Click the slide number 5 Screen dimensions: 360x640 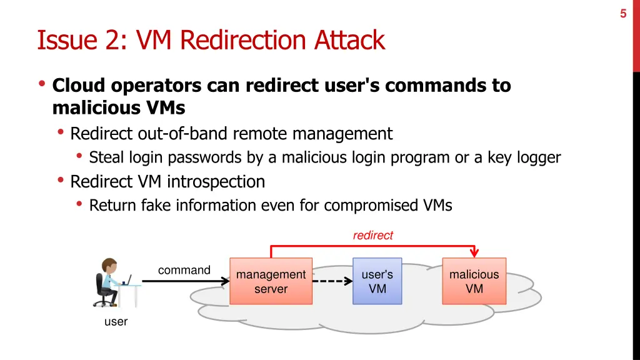coord(623,13)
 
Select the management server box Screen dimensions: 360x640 coord(271,281)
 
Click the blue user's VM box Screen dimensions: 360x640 coord(377,281)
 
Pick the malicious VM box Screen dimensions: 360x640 coord(474,281)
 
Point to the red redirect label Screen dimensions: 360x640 coord(372,235)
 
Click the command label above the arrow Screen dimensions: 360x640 coord(184,270)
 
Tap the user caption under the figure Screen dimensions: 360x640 coord(116,322)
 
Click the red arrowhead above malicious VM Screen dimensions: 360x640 coord(474,252)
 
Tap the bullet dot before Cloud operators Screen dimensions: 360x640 coord(42,84)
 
